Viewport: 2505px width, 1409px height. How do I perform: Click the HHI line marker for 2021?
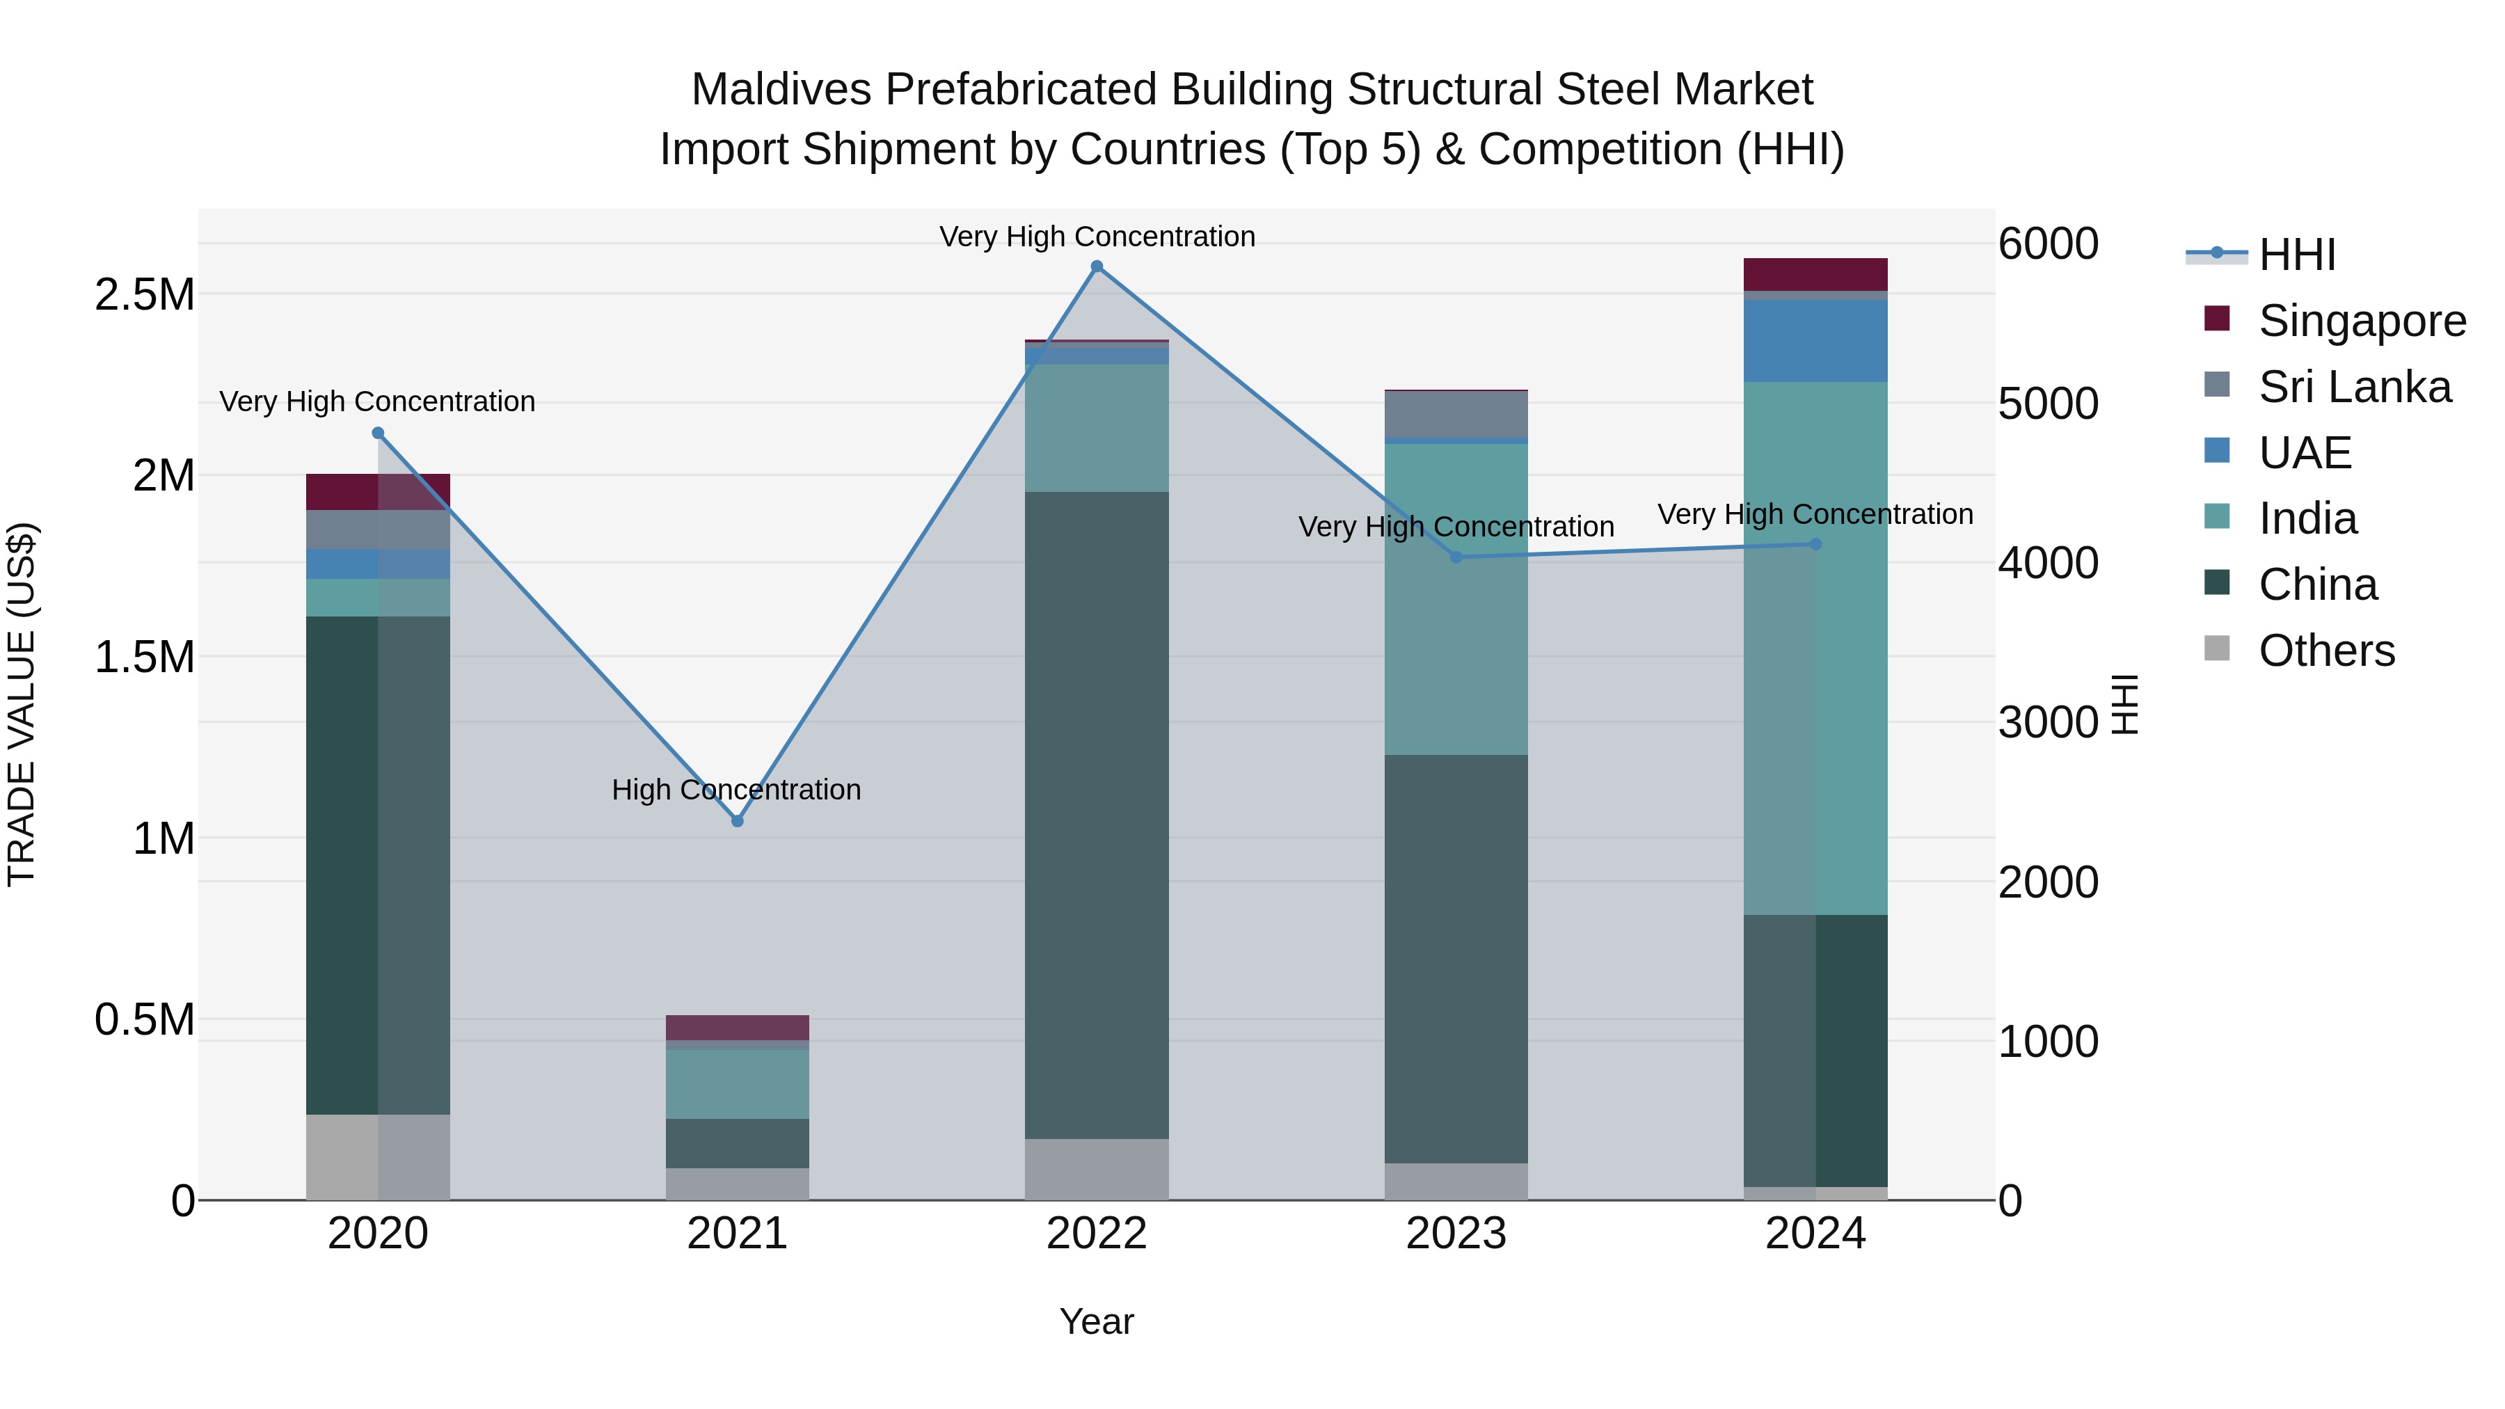[x=737, y=821]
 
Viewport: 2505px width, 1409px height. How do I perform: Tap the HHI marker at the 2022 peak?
[x=1097, y=266]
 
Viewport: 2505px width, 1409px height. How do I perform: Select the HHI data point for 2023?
[x=1456, y=557]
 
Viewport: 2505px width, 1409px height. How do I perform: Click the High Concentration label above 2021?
[x=736, y=790]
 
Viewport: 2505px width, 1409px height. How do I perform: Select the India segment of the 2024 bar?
[x=1815, y=648]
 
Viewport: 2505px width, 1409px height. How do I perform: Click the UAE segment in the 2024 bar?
[x=1815, y=340]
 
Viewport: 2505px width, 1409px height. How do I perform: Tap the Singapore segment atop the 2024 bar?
[x=1815, y=274]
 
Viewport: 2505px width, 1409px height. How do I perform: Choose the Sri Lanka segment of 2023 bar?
[x=1456, y=414]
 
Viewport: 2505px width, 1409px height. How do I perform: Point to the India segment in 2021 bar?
[x=737, y=1084]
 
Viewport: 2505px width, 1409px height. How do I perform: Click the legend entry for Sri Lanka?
[x=2354, y=387]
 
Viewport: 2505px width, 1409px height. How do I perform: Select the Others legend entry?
[x=2326, y=651]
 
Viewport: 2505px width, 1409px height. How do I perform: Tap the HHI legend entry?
[x=2296, y=255]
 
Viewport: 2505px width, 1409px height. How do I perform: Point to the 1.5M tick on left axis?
[x=144, y=658]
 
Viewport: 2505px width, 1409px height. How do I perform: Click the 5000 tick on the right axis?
[x=2048, y=404]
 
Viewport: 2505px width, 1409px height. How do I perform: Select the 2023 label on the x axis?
[x=1456, y=1234]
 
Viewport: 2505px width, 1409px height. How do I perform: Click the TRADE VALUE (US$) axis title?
[x=22, y=704]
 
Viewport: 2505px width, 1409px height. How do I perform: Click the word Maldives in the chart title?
[x=781, y=90]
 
